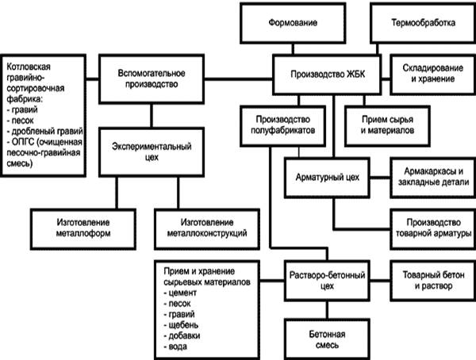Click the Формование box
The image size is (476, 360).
285,23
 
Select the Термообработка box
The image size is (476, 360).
424,23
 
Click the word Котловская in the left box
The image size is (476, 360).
31,62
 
